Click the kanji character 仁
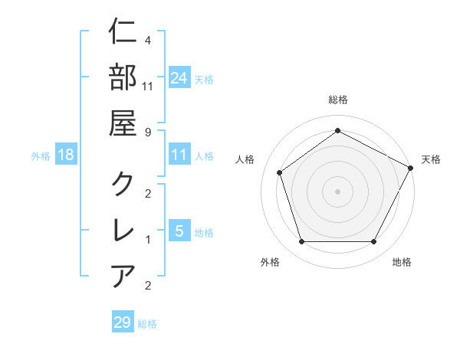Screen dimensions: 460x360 (123, 31)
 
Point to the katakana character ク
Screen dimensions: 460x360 (123, 184)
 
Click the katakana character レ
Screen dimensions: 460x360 (123, 229)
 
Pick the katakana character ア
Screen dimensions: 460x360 (123, 274)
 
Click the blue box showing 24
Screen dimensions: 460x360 (179, 77)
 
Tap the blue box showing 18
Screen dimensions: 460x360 (66, 155)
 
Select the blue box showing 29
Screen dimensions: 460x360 (123, 322)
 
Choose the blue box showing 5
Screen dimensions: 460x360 (179, 231)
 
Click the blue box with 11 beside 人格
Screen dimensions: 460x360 (179, 155)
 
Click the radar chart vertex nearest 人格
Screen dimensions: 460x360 (280, 172)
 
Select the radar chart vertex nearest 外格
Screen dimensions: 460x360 (301, 242)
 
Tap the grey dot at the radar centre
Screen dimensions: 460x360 (337, 191)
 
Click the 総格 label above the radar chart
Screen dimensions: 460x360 (337, 100)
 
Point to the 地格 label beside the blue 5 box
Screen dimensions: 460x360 (204, 232)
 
